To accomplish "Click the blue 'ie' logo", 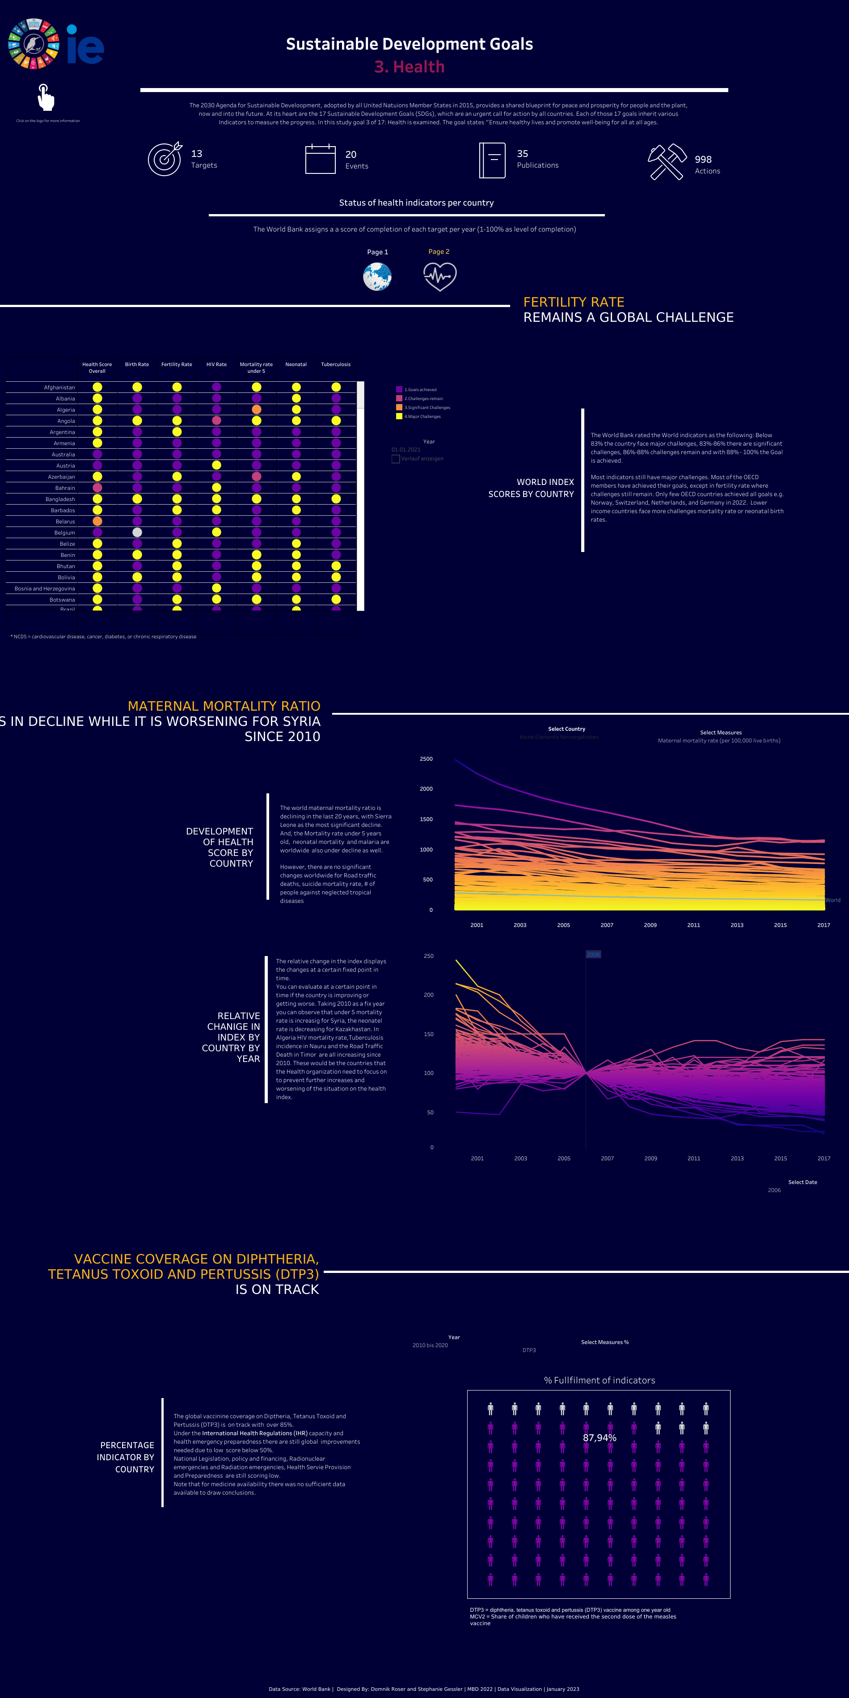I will pos(85,45).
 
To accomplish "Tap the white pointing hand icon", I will pos(46,97).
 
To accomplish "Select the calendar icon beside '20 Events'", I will pos(321,159).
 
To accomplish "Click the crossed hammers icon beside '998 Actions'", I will pos(667,161).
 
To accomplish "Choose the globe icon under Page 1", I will pos(377,277).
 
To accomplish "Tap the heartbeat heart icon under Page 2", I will pos(439,277).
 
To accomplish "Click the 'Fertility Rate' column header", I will pos(177,365).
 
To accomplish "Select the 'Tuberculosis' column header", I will pos(335,365).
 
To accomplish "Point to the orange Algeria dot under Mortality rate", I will pos(257,410).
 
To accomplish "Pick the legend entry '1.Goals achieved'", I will pos(420,390).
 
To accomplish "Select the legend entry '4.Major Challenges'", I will pos(422,417).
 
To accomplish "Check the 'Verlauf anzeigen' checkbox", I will pos(396,459).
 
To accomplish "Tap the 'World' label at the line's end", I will pos(832,900).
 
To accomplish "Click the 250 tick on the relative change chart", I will pos(428,956).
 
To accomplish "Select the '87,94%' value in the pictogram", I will pos(599,1437).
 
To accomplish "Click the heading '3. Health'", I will pos(410,67).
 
